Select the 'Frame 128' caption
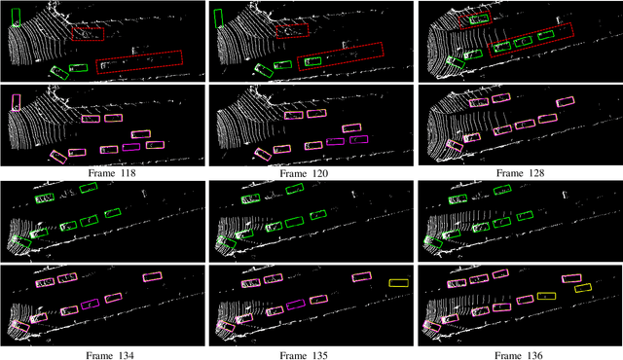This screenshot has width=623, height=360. pyautogui.click(x=519, y=172)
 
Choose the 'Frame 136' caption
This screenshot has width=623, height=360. pyautogui.click(x=519, y=354)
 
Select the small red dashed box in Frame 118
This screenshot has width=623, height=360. pyautogui.click(x=88, y=33)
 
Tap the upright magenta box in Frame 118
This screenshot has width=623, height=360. pyautogui.click(x=16, y=101)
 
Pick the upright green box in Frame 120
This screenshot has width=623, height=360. pyautogui.click(x=219, y=18)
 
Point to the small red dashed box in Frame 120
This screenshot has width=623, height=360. pyautogui.click(x=291, y=32)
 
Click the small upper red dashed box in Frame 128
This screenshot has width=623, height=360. pyautogui.click(x=475, y=19)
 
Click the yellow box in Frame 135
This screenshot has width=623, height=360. pyautogui.click(x=398, y=282)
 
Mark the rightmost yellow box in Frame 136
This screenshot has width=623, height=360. pyautogui.click(x=582, y=288)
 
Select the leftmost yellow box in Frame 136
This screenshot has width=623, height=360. pyautogui.click(x=546, y=296)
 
